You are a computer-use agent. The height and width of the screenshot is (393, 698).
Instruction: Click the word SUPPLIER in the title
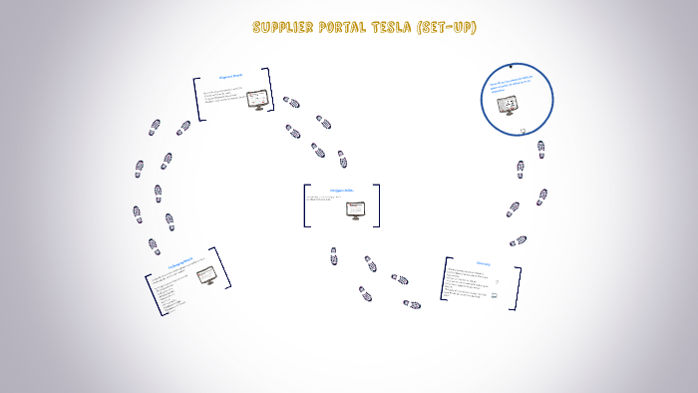tap(284, 27)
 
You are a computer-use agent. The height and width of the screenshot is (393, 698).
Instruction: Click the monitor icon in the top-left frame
tap(259, 100)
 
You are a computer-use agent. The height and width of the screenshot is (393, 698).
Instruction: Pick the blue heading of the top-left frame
tap(232, 78)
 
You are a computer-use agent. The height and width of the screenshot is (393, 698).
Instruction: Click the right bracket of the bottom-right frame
tap(517, 287)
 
